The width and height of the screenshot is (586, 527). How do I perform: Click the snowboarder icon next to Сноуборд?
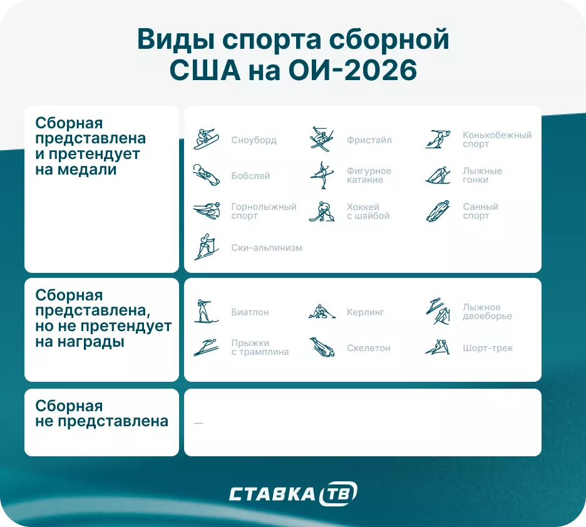pos(206,140)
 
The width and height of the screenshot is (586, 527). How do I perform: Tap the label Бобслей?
pos(250,176)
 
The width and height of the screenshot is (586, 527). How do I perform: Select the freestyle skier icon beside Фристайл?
pos(322,139)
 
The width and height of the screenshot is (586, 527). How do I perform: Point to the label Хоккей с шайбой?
pos(368,212)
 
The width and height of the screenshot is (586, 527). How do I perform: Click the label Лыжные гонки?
pos(482,175)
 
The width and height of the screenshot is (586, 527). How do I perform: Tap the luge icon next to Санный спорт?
pos(438,212)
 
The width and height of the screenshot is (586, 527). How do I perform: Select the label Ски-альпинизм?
pos(267,247)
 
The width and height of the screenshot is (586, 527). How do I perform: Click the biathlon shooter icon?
pos(206,311)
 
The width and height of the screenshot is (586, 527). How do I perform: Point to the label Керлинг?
pos(366,312)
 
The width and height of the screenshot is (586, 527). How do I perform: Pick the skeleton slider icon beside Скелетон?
pos(322,347)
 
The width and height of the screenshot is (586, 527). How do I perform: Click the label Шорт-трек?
pos(488,348)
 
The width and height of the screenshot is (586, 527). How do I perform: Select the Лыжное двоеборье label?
pos(487,312)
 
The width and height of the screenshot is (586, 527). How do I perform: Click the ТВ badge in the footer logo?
pos(338,494)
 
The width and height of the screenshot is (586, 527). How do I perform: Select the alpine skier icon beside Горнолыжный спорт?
pos(206,212)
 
